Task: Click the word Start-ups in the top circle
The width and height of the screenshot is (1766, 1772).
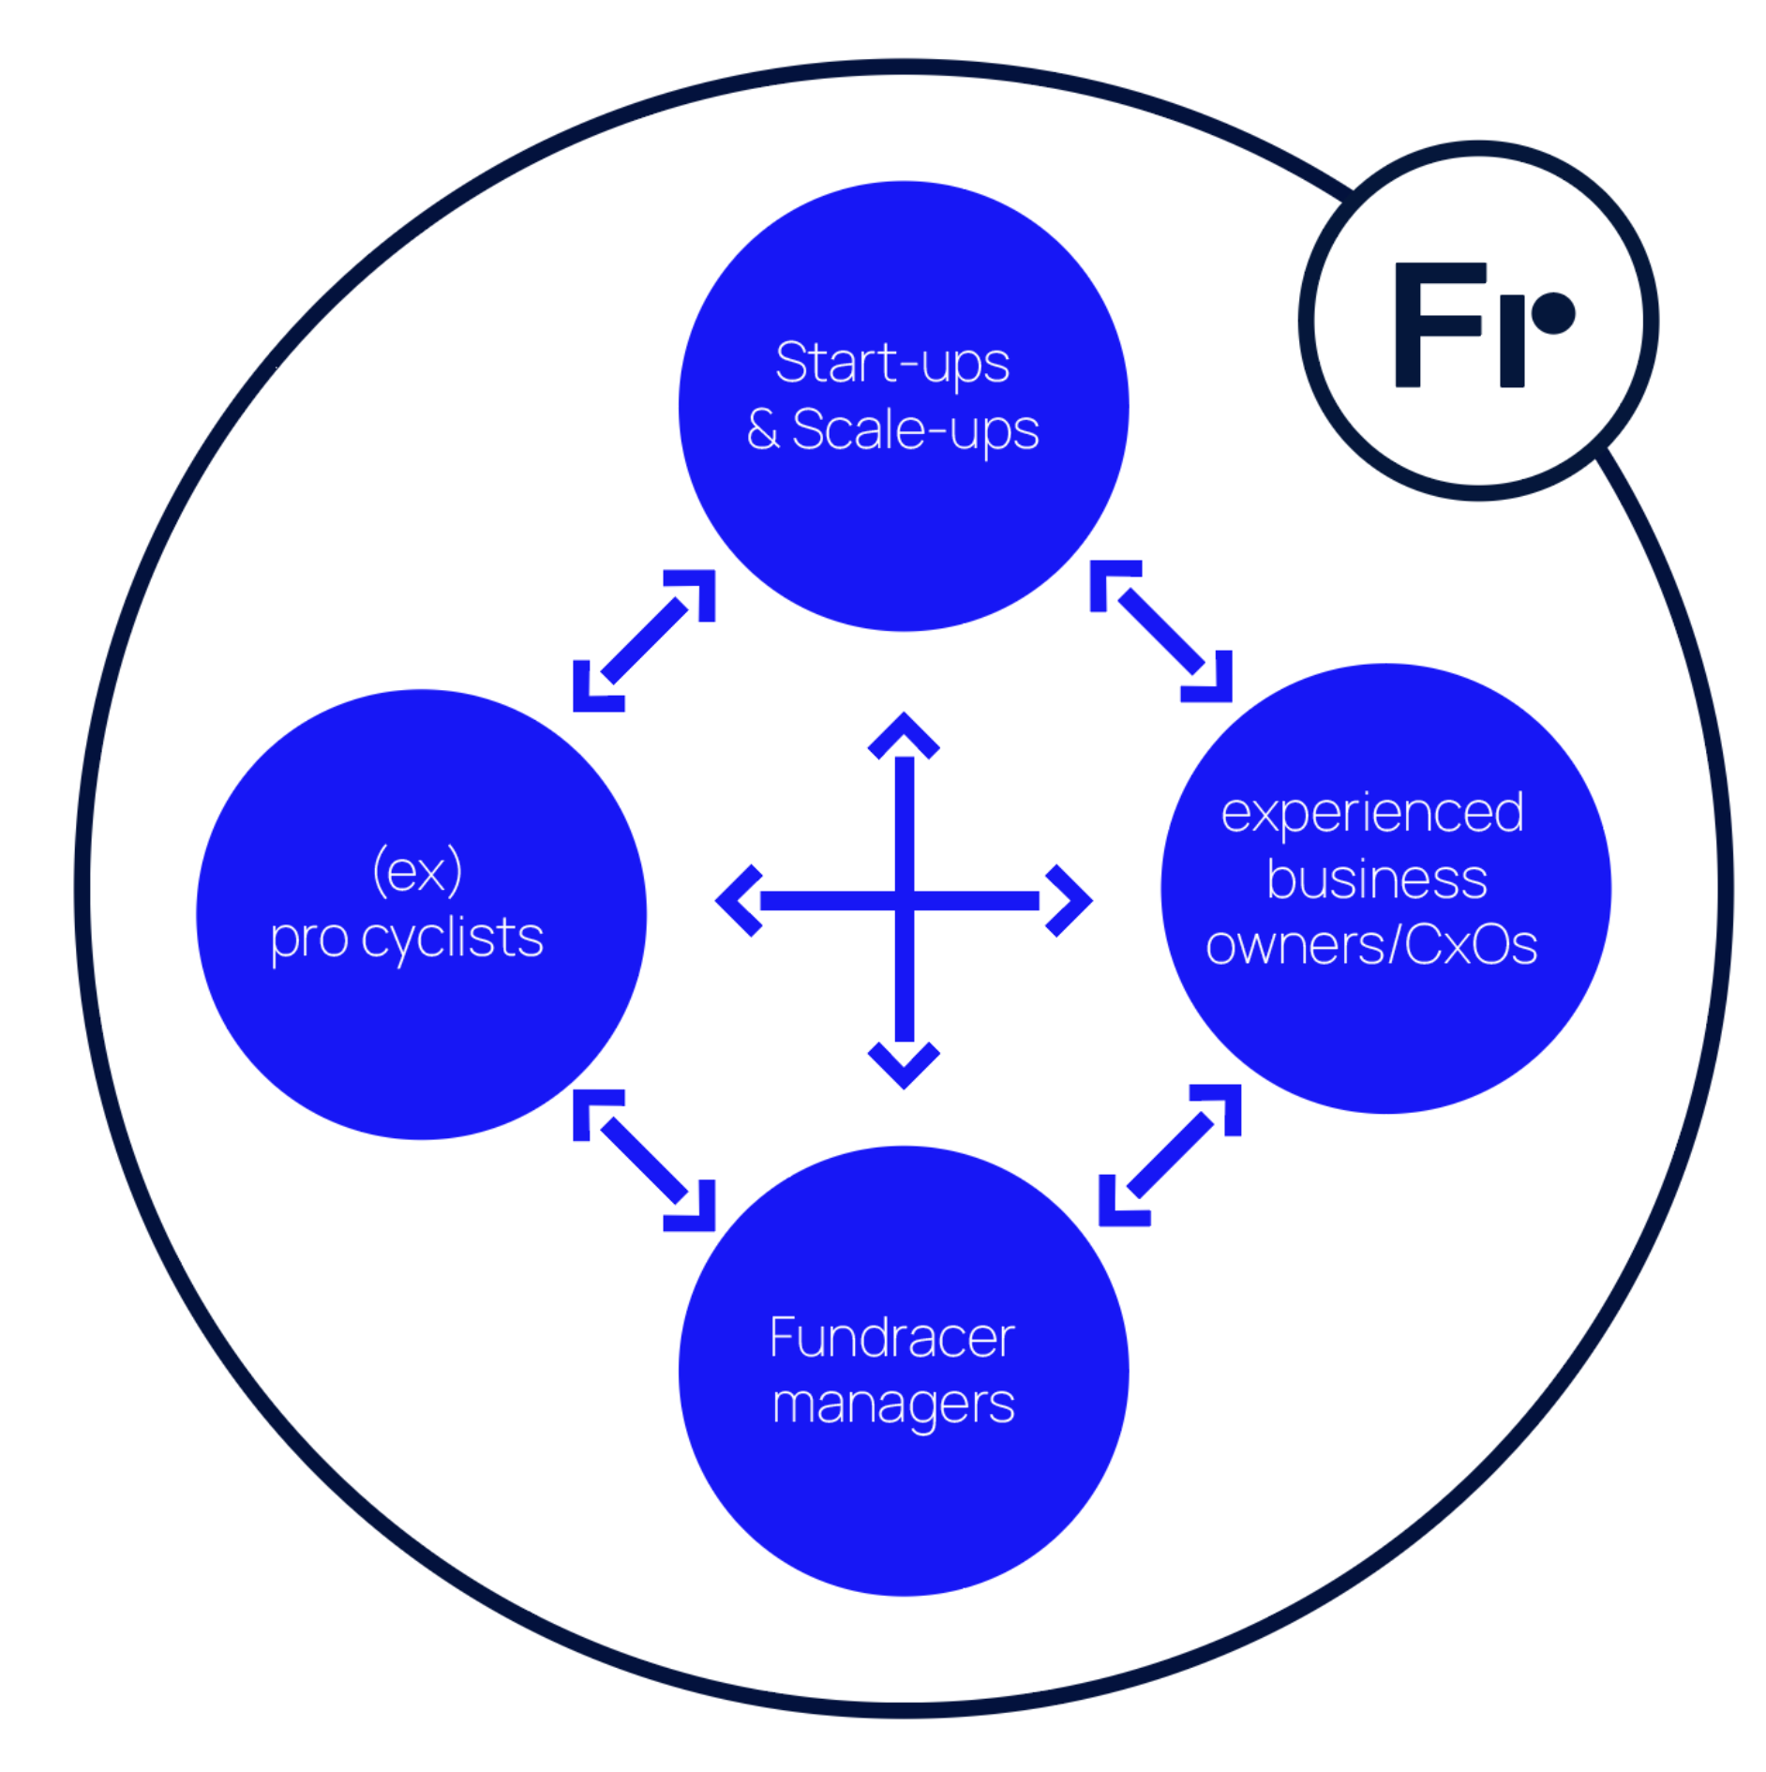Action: click(x=891, y=363)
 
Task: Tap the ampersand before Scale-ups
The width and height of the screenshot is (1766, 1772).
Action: click(x=762, y=429)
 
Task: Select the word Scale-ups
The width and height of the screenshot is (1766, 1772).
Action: click(x=915, y=431)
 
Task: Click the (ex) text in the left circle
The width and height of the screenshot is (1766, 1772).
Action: click(x=417, y=871)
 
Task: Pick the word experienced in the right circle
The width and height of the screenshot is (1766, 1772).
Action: click(x=1371, y=813)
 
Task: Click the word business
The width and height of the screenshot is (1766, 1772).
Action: click(x=1376, y=879)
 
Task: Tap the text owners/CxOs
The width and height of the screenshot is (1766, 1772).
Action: click(x=1370, y=945)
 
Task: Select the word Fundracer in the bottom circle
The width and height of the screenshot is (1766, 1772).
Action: click(x=891, y=1337)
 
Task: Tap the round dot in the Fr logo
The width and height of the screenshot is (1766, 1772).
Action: click(x=1553, y=313)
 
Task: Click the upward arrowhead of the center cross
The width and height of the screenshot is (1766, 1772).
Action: click(x=903, y=735)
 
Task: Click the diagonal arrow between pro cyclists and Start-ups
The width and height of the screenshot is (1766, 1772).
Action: click(x=644, y=640)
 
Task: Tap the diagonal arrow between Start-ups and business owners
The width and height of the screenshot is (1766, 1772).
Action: click(x=1160, y=631)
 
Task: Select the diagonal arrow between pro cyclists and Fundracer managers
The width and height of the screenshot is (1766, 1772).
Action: click(x=644, y=1160)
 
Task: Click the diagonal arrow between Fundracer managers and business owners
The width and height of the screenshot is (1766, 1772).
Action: click(x=1169, y=1154)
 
